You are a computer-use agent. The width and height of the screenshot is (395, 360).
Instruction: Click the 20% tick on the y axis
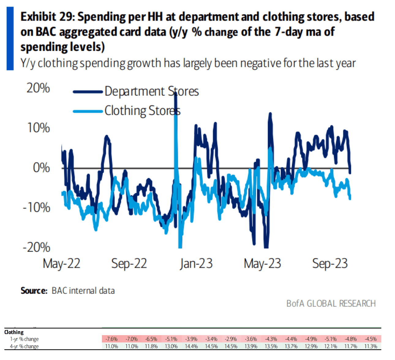coord(38,88)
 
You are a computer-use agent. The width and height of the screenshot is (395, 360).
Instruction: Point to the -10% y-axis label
coord(36,208)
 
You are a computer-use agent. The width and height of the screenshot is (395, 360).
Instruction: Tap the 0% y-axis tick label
coord(41,168)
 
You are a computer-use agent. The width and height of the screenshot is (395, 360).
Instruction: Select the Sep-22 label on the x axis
coord(129,264)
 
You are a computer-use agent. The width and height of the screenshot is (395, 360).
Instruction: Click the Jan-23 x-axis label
coord(196,264)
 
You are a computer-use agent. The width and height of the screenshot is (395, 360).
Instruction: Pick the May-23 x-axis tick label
coord(262,264)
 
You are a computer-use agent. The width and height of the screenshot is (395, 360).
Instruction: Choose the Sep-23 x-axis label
coord(330,264)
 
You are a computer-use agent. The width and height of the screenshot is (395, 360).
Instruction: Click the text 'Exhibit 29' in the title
coord(47,17)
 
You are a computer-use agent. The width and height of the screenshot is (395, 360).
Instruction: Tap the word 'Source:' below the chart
coord(34,291)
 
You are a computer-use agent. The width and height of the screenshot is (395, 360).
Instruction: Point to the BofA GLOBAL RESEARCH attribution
coord(331,303)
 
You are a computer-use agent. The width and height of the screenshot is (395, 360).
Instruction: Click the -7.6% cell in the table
coord(111,339)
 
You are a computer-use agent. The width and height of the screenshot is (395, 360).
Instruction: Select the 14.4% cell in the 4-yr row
coord(191,347)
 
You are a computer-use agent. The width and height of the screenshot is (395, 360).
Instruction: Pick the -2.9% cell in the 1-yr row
coord(231,339)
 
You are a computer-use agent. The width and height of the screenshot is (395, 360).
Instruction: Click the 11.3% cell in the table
coord(371,347)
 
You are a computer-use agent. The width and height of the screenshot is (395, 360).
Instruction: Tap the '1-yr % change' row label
coord(24,339)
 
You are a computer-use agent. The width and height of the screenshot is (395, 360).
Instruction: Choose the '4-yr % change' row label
coord(24,347)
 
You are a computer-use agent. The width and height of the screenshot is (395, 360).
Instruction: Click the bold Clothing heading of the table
coord(14,332)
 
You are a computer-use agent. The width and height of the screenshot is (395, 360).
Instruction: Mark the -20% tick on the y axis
coord(36,247)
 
